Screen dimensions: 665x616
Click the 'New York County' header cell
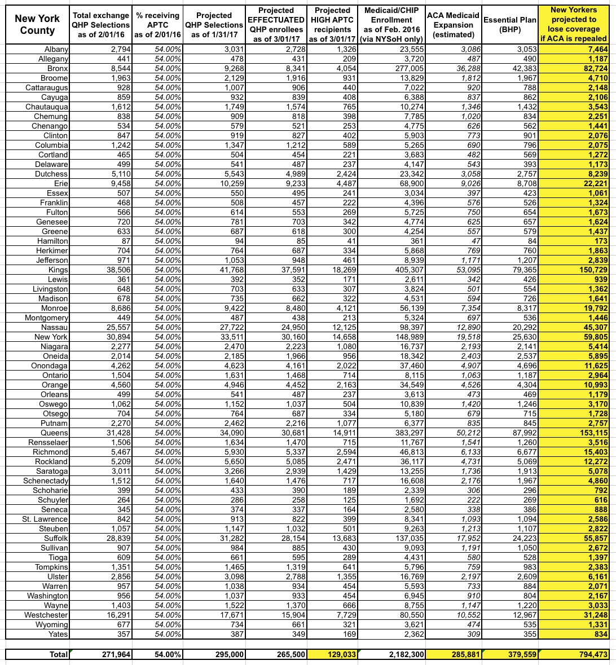coord(37,25)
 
